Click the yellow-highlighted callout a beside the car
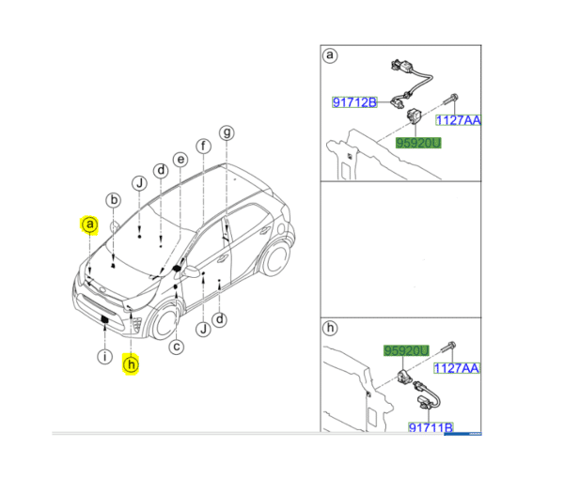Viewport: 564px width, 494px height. pos(88,224)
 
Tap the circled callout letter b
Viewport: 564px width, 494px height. pos(113,199)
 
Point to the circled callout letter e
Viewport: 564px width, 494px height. pos(180,161)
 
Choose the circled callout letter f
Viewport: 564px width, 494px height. pos(202,146)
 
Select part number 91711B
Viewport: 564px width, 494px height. pos(431,427)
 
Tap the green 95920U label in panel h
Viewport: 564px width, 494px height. pos(405,350)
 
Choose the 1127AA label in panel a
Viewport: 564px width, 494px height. pos(457,119)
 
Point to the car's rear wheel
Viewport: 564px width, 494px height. pos(275,261)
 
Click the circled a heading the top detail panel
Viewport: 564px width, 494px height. pos(330,55)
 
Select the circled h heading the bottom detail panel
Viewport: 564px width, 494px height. pos(330,329)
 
